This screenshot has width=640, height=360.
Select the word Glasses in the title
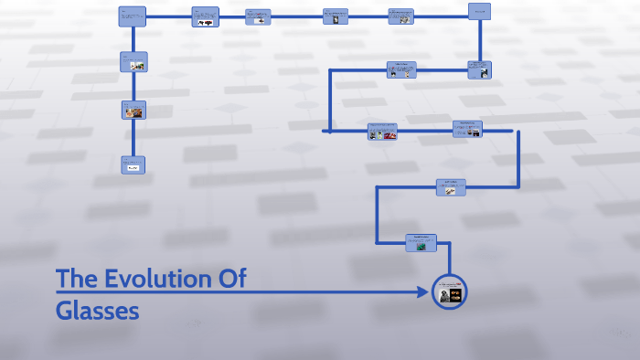click(97, 311)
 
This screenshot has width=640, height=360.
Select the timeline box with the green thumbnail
click(421, 242)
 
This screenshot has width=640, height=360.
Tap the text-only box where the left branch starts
click(132, 16)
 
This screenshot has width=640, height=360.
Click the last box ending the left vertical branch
click(133, 164)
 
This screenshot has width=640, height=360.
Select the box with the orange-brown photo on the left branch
click(133, 111)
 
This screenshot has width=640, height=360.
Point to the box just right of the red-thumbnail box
click(467, 129)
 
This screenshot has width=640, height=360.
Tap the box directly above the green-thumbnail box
click(451, 186)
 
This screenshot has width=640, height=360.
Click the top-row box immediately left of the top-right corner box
click(400, 16)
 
